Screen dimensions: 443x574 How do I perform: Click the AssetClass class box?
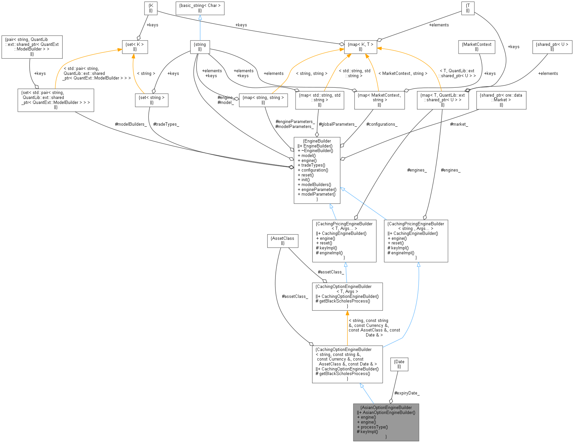click(282, 241)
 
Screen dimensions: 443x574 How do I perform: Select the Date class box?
click(399, 364)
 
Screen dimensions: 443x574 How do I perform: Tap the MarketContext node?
click(476, 47)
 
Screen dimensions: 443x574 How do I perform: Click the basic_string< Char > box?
click(200, 8)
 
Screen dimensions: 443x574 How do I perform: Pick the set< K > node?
click(135, 47)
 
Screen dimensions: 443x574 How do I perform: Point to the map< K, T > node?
click(360, 47)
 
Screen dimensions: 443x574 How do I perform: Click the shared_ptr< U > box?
click(552, 47)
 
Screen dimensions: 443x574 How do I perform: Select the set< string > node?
click(151, 100)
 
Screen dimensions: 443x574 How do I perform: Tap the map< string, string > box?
click(263, 100)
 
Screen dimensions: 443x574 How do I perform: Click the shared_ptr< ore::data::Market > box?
click(501, 100)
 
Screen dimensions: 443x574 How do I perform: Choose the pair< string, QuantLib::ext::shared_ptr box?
click(32, 47)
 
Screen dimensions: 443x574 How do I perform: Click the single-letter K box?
click(151, 8)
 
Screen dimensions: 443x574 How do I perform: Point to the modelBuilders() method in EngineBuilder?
click(316, 185)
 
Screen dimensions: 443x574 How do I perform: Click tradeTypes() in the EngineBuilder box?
click(313, 165)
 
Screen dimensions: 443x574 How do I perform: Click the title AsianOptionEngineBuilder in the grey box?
click(386, 407)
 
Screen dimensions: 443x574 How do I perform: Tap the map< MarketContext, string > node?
click(379, 100)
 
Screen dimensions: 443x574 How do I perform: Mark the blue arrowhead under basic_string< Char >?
click(200, 17)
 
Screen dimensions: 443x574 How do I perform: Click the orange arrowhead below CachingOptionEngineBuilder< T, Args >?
click(347, 313)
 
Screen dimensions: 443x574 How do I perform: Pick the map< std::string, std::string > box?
click(319, 100)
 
